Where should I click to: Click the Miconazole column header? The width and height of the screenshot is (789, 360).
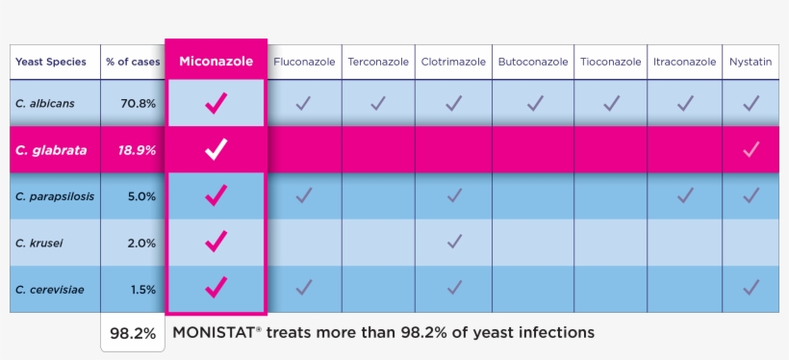point(216,61)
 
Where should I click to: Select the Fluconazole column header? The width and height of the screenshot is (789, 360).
point(304,62)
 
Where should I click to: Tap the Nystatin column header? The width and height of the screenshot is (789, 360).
point(751,62)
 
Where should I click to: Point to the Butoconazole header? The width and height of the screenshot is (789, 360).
point(532,62)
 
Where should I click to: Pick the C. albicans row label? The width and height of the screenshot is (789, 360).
point(45,103)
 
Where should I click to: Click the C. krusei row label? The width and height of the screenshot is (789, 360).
point(39,243)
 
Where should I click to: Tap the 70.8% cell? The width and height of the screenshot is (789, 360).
point(139,103)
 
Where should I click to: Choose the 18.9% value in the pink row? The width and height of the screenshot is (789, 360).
point(137,149)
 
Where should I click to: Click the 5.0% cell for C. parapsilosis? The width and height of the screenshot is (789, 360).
point(141,196)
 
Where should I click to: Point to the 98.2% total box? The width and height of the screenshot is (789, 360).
point(133,334)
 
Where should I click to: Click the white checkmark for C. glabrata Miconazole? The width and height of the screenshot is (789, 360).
point(216,149)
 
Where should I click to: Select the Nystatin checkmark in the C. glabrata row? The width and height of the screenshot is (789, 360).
point(751,149)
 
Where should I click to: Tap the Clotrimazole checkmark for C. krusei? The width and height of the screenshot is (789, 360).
point(454,241)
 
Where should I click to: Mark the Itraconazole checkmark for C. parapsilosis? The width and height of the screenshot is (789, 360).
point(685,195)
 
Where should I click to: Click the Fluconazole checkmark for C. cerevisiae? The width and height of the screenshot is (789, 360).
point(304,287)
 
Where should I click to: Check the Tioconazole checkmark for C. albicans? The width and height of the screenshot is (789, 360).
point(611,102)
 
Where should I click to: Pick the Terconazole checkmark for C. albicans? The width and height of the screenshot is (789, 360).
point(378,102)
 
